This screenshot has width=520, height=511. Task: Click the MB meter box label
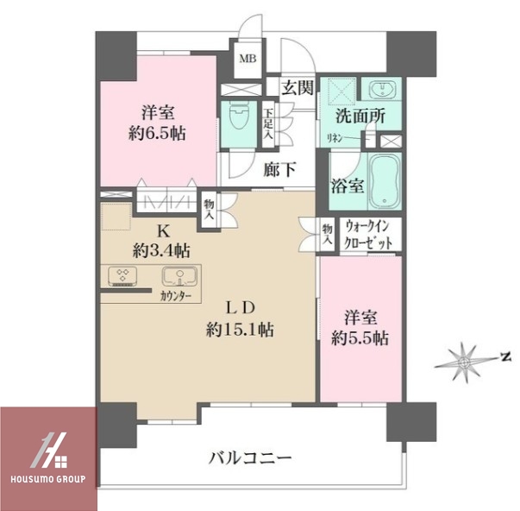click(247, 59)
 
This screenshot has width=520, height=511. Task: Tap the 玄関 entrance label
click(296, 86)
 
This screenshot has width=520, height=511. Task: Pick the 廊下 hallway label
click(280, 169)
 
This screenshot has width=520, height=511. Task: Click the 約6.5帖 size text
click(159, 134)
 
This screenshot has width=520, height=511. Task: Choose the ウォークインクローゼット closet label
click(369, 235)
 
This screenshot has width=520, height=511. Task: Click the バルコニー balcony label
click(250, 457)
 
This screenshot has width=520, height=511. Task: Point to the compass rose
click(463, 358)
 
